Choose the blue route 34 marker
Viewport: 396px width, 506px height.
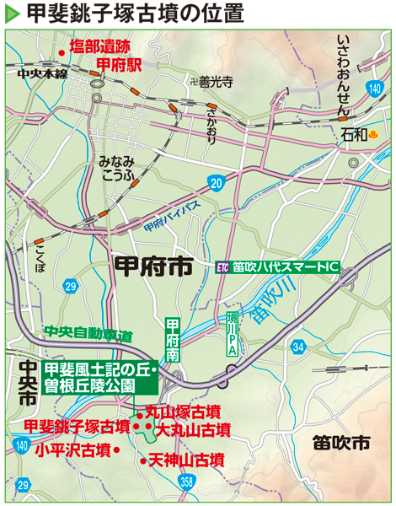(x=297, y=347)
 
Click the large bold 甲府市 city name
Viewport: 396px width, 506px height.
(x=152, y=267)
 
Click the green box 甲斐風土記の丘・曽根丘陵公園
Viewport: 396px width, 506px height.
(x=99, y=377)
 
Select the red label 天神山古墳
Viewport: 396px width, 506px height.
(x=186, y=460)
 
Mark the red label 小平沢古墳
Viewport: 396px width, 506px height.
(x=73, y=449)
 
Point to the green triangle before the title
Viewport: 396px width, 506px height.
(x=12, y=15)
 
